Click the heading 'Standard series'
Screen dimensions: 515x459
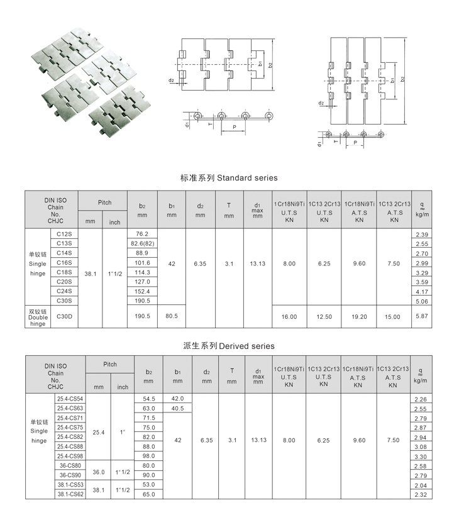[x=228, y=178]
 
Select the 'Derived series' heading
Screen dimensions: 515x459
[x=229, y=346]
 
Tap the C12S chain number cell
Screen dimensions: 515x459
[x=64, y=234]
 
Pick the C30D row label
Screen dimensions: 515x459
[x=64, y=316]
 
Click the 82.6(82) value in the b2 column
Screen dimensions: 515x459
[x=142, y=243]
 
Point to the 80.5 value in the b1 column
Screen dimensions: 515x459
[x=171, y=316]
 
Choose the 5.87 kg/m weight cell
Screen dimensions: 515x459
[x=421, y=316]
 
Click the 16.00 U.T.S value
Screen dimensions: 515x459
[x=289, y=317]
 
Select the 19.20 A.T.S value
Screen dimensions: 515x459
[x=359, y=317]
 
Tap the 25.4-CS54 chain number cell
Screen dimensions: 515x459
[x=70, y=399]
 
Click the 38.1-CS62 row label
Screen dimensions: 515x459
[x=70, y=495]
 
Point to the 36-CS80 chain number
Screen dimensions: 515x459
[x=70, y=466]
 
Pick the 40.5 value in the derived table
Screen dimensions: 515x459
[x=177, y=408]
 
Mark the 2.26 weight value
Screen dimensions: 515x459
[x=421, y=399]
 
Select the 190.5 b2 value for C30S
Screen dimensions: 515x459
[x=142, y=301]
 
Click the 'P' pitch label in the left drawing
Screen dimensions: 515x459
[x=234, y=127]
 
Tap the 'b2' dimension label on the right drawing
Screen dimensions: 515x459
[x=402, y=79]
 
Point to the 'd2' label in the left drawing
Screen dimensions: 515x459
[x=171, y=80]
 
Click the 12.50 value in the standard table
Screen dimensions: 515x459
[x=324, y=317]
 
